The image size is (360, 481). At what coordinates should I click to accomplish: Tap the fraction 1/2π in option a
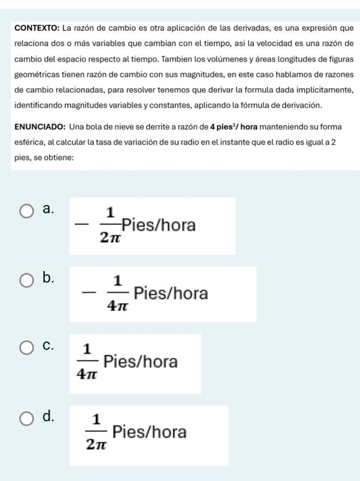pos(110,225)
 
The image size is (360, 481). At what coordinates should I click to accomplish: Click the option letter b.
pos(50,278)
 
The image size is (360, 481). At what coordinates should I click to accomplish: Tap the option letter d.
pos(50,416)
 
